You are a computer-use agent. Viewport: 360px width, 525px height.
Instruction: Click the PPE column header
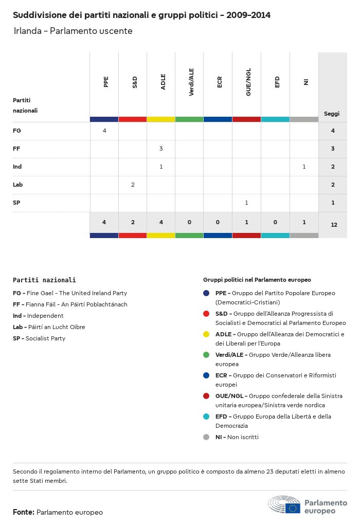tap(106, 82)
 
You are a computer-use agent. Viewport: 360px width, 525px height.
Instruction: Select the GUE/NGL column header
tap(248, 83)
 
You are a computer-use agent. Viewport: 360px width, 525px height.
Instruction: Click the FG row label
tap(17, 131)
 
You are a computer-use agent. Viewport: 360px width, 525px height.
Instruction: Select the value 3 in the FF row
tap(161, 149)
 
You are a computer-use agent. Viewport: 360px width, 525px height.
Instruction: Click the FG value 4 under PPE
tap(104, 131)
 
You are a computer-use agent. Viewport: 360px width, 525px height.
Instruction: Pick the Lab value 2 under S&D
tap(133, 185)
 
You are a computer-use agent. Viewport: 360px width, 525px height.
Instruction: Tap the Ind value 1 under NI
tap(304, 167)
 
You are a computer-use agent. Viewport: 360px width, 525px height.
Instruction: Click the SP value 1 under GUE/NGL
tap(246, 203)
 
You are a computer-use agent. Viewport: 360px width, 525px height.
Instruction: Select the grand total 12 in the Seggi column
tap(334, 225)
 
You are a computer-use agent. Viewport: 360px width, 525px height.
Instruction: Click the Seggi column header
tap(332, 114)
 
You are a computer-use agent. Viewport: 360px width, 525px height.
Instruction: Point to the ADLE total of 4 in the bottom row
tap(161, 222)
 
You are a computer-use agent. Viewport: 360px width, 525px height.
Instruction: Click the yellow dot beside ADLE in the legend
tap(206, 334)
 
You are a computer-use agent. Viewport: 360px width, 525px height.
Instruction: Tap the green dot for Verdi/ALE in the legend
tap(206, 355)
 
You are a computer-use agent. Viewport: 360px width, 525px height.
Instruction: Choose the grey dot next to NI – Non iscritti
tap(206, 437)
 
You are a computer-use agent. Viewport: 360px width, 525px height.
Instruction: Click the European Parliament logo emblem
tap(284, 505)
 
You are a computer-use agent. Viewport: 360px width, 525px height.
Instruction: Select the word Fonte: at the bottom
tap(24, 512)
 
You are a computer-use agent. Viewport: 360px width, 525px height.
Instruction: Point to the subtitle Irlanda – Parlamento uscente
tap(73, 31)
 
